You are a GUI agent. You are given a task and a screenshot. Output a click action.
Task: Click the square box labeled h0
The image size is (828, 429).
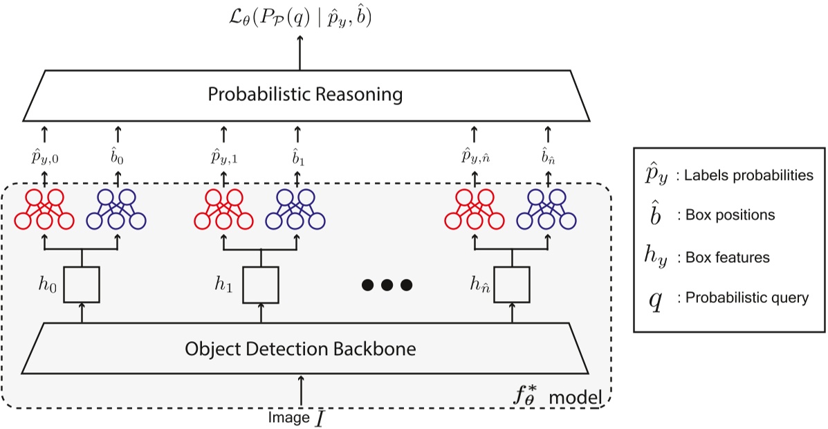(x=82, y=284)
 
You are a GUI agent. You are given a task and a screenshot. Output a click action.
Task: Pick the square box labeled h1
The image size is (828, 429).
(x=261, y=284)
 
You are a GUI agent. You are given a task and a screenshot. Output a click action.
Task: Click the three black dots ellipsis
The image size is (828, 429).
(x=387, y=284)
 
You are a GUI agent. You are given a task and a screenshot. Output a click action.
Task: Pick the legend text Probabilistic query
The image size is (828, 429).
(x=742, y=298)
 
